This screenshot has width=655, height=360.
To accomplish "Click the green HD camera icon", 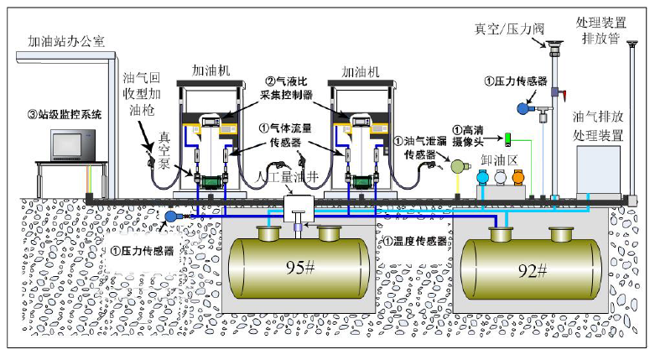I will pyautogui.click(x=507, y=138).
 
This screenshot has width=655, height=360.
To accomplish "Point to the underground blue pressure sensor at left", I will pyautogui.click(x=174, y=217).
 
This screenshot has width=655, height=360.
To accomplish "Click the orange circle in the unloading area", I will pyautogui.click(x=517, y=177).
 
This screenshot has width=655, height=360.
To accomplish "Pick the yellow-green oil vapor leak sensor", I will pyautogui.click(x=458, y=167).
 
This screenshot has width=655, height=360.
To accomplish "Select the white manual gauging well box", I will pyautogui.click(x=298, y=206).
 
